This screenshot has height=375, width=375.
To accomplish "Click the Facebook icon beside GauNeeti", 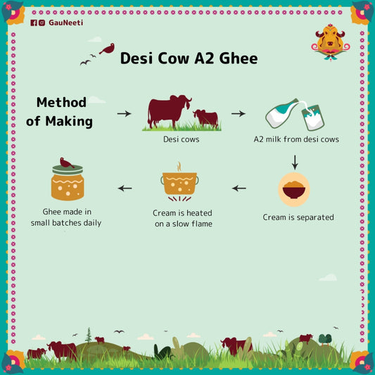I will [x=34, y=23].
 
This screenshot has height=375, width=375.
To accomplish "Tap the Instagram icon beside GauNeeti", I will [x=42, y=23].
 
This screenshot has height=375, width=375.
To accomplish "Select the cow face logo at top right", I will [x=330, y=42].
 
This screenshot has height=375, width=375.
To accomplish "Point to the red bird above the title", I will [x=107, y=49].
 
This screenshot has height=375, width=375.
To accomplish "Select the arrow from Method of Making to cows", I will [x=124, y=113].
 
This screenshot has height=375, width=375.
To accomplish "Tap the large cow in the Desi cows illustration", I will [x=167, y=111].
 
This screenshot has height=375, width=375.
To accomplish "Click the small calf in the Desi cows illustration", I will [x=206, y=117].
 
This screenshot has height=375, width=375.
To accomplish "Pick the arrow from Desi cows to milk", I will [x=239, y=113].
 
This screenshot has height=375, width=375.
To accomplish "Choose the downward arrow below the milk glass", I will [x=295, y=161].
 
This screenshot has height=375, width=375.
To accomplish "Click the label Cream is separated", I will [x=298, y=217].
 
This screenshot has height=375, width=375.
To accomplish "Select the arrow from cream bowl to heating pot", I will [x=239, y=189].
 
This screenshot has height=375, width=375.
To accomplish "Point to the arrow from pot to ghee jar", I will [x=125, y=188].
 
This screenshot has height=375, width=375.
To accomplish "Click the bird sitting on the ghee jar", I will [x=67, y=163].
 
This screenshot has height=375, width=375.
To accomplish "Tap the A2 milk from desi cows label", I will [x=296, y=139].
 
